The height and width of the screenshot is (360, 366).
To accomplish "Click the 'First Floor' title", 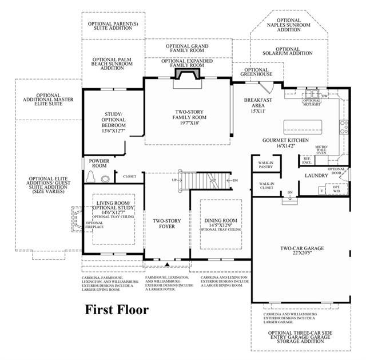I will coord(117,310).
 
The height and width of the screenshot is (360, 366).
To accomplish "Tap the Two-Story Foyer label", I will coord(163,223).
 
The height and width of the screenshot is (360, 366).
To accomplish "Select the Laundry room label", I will coord(315,176).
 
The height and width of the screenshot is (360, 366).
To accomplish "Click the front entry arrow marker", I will coord(166,264).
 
